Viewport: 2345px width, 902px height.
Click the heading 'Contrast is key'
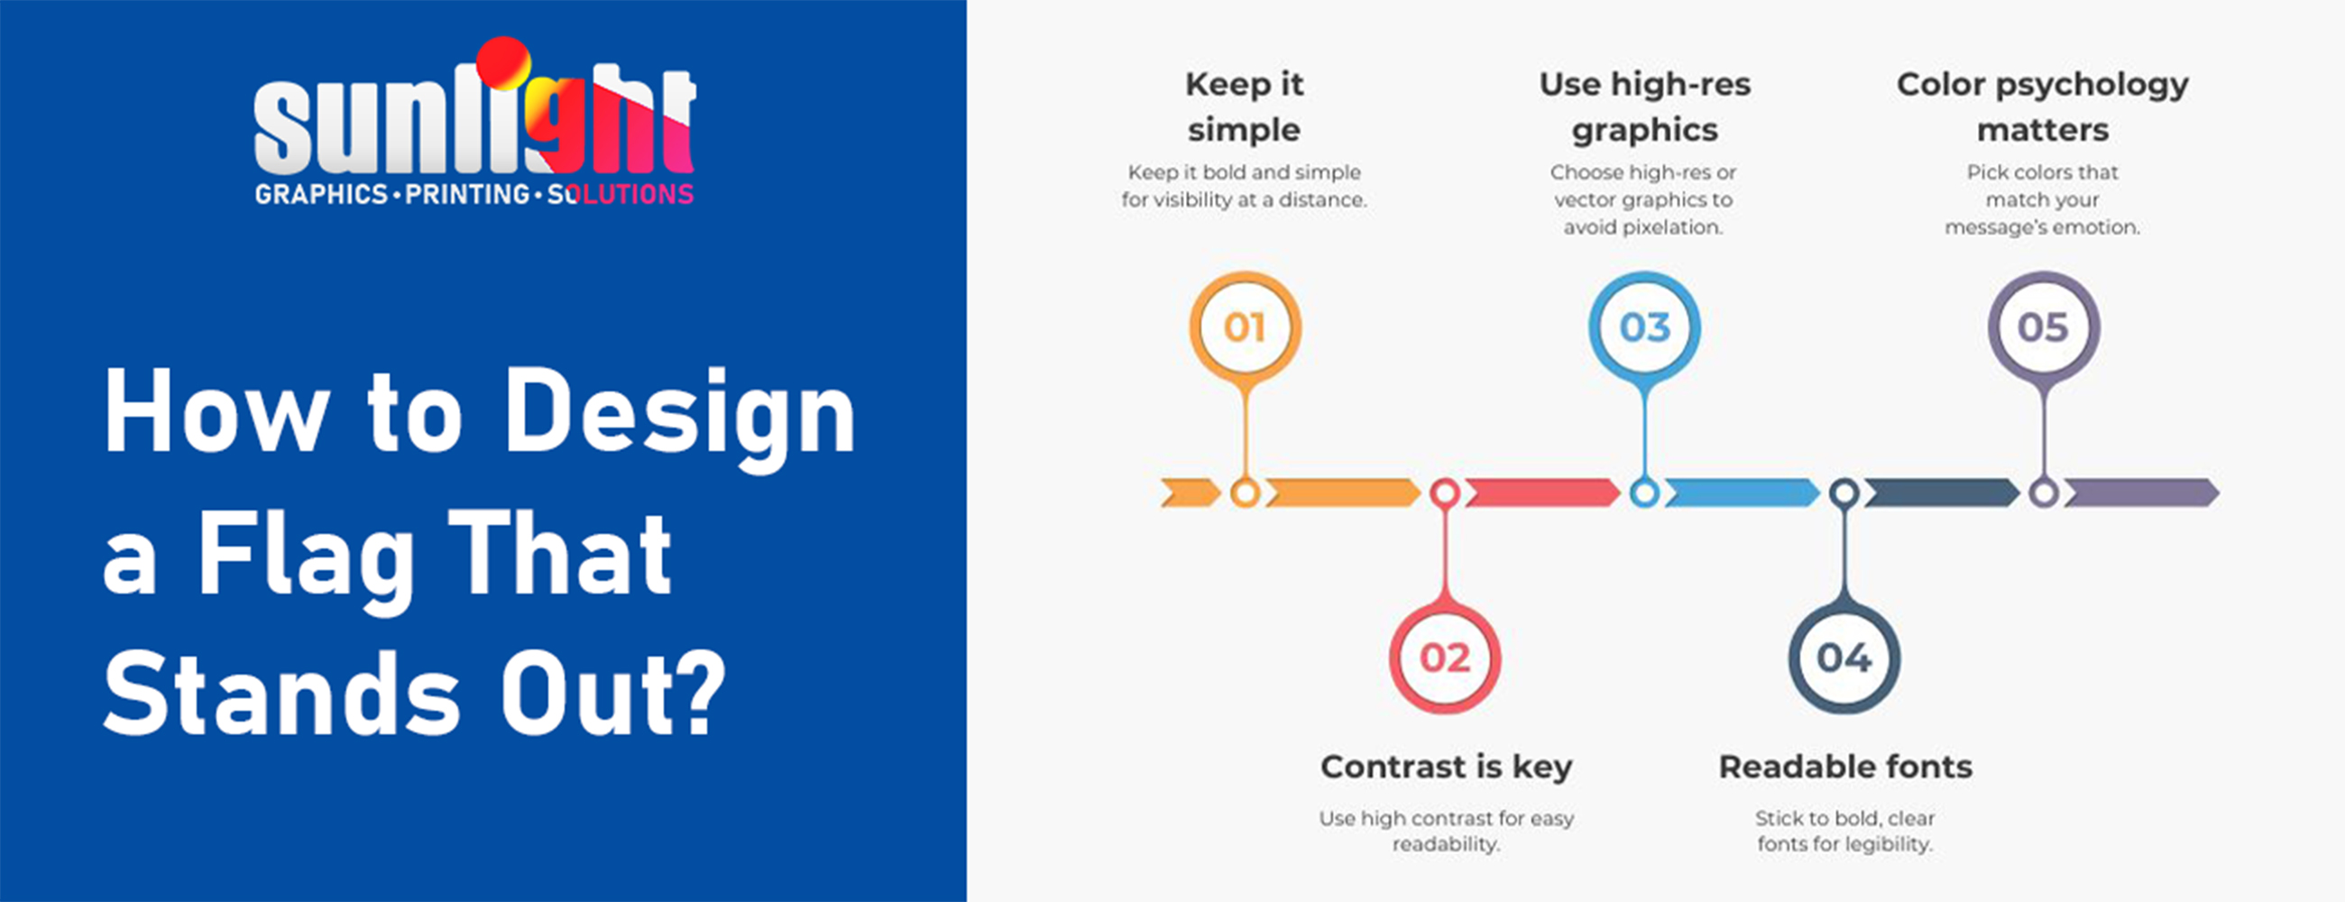(x=1446, y=767)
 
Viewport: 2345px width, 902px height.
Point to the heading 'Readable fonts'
(x=1845, y=767)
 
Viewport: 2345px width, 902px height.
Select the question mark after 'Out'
(x=702, y=694)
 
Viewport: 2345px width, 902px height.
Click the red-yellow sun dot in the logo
(x=503, y=63)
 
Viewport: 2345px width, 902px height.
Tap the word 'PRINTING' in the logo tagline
(x=467, y=194)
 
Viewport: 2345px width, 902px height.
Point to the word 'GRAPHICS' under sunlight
(x=321, y=194)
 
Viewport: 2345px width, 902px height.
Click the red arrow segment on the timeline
(x=1542, y=492)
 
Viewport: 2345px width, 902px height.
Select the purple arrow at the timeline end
(x=2141, y=492)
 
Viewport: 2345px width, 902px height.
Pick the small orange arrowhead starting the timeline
(x=1191, y=492)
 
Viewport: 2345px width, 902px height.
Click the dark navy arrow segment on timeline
(x=1942, y=492)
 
